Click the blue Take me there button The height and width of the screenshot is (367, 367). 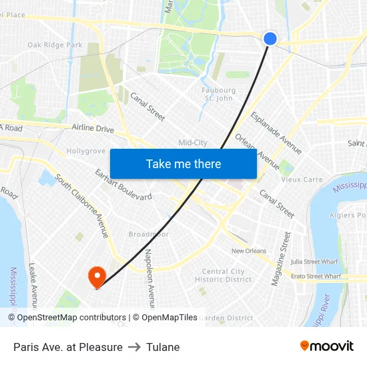pyautogui.click(x=183, y=164)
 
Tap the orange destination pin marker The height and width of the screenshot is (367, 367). pyautogui.click(x=97, y=276)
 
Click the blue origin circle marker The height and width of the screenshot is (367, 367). pyautogui.click(x=270, y=39)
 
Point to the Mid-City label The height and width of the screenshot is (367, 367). pyautogui.click(x=193, y=143)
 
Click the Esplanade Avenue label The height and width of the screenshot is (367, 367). pyautogui.click(x=276, y=133)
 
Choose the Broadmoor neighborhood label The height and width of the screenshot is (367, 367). pyautogui.click(x=148, y=235)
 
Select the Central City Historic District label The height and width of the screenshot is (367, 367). pyautogui.click(x=224, y=276)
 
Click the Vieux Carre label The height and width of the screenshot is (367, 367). pyautogui.click(x=302, y=179)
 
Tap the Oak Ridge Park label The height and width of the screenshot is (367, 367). pyautogui.click(x=55, y=45)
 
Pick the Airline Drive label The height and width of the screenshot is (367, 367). pyautogui.click(x=93, y=129)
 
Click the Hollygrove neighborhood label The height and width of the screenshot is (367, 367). pyautogui.click(x=86, y=151)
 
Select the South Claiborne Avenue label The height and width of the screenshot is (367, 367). pyautogui.click(x=82, y=207)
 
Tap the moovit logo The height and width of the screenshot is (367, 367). pyautogui.click(x=327, y=346)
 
